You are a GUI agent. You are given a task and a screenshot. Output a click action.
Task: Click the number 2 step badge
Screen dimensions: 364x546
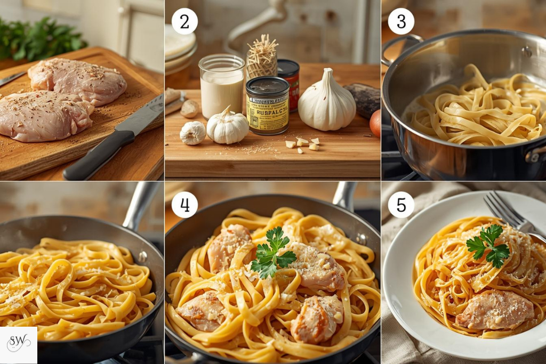tap(184, 21)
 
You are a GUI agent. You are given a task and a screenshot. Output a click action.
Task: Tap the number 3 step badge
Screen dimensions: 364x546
tap(401, 21)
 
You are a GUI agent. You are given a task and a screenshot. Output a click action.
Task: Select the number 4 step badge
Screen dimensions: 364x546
tap(184, 205)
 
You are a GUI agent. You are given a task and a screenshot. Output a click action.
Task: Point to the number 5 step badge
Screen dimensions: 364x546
tap(401, 205)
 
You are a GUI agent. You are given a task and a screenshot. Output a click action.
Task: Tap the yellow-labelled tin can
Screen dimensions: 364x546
tap(267, 106)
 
